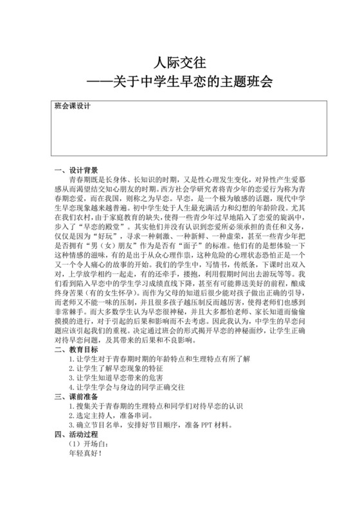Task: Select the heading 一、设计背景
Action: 77,170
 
